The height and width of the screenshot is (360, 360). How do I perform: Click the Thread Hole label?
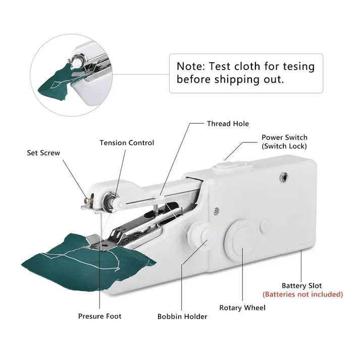tap(228, 124)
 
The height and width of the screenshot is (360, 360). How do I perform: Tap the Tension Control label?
tap(127, 143)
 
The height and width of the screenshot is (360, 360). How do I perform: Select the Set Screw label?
tap(43, 152)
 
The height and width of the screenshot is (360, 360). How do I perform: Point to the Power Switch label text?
tap(284, 137)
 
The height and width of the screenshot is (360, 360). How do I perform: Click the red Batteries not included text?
tap(302, 294)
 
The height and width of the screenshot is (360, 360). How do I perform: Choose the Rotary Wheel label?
tap(242, 307)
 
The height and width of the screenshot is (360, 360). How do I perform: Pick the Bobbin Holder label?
tap(182, 317)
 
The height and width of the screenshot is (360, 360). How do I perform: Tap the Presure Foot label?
tap(99, 316)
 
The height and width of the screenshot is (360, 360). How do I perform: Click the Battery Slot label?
tap(301, 286)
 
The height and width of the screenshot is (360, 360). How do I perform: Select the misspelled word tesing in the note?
tap(297, 66)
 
